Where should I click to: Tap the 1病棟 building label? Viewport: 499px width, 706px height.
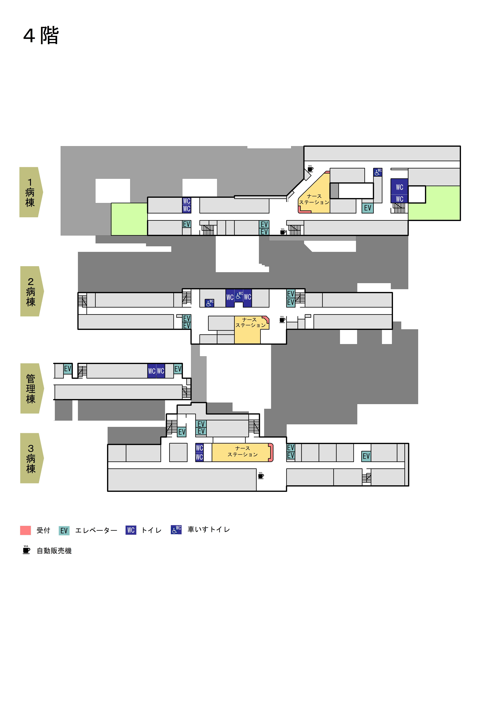tap(31, 192)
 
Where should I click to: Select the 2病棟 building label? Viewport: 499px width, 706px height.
tap(32, 291)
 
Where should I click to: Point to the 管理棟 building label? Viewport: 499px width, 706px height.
tap(32, 388)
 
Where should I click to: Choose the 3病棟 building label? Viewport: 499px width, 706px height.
tap(32, 458)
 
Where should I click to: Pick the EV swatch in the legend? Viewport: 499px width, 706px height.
tap(64, 530)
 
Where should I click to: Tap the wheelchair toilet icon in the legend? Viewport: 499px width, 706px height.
tap(176, 529)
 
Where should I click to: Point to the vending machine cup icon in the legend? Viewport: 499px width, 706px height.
tap(26, 550)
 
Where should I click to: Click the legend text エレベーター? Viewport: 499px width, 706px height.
tap(96, 530)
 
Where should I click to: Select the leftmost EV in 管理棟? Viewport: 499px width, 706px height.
tap(68, 369)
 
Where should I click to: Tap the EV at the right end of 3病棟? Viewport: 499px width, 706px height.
tap(366, 456)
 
